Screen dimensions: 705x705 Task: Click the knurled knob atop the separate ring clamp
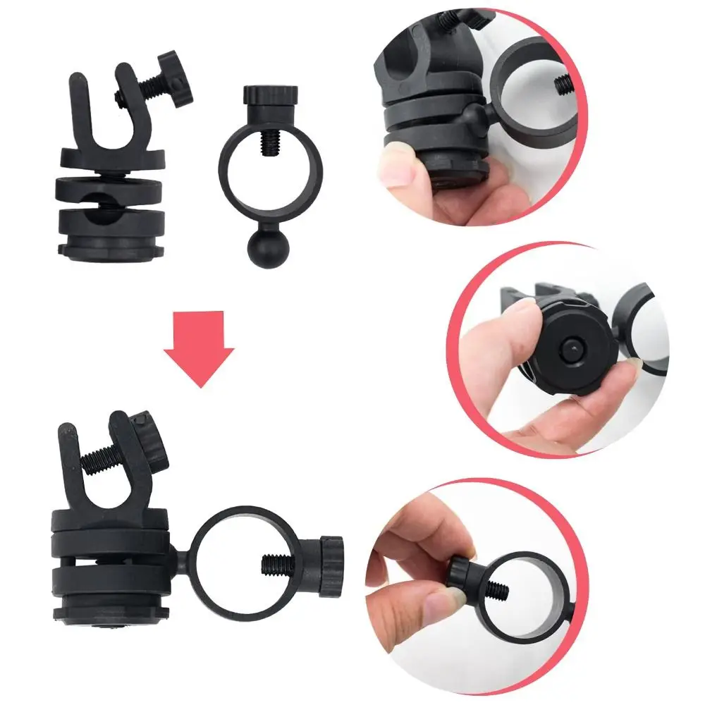pos(270,93)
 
